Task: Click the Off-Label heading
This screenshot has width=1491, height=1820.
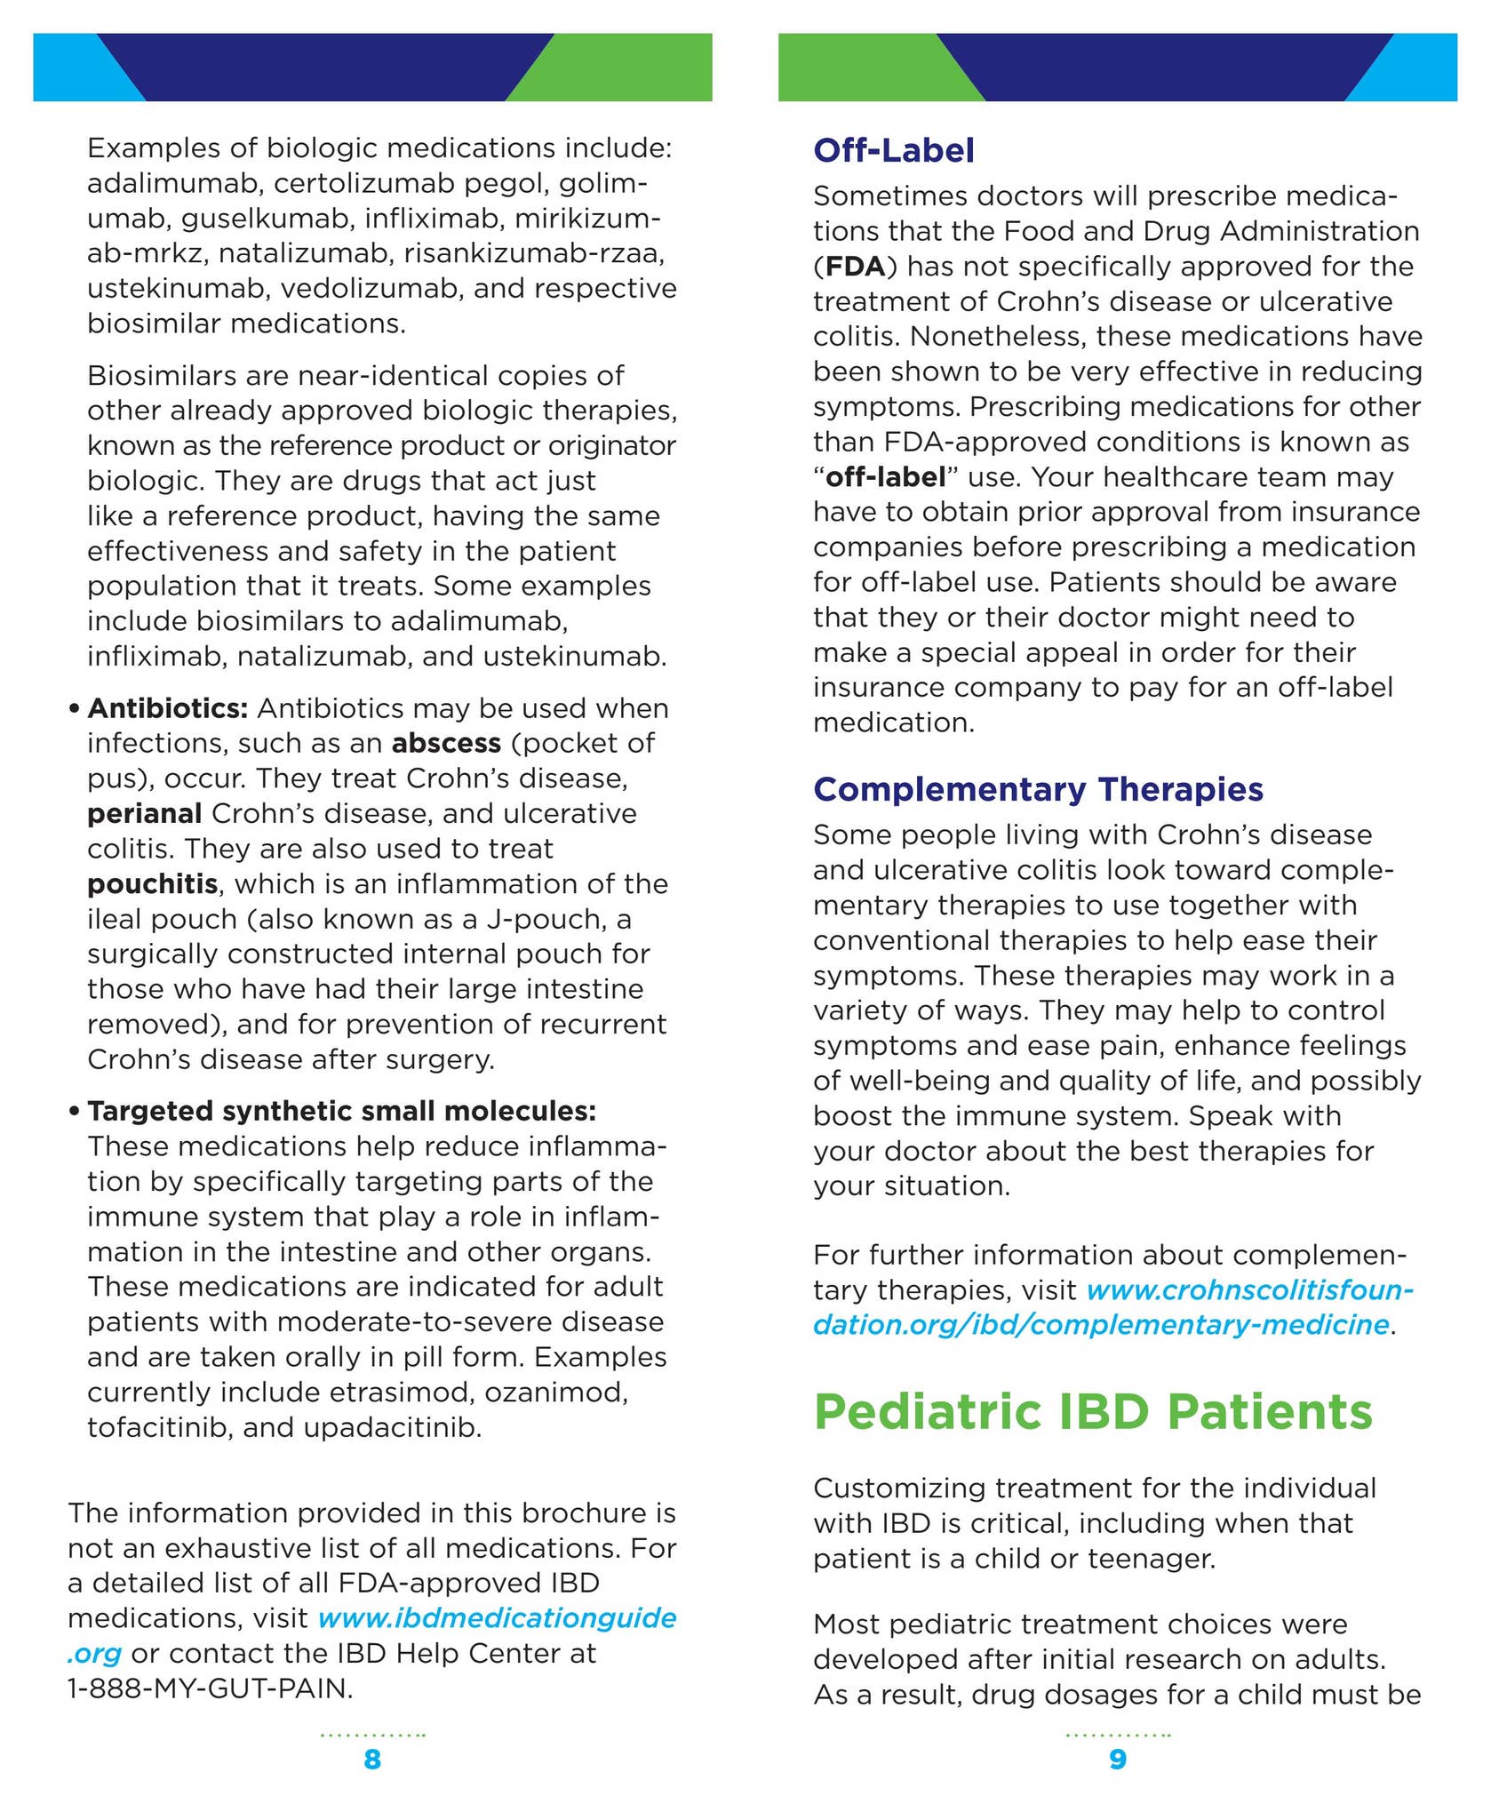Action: [893, 150]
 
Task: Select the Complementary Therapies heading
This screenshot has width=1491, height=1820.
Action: [1038, 789]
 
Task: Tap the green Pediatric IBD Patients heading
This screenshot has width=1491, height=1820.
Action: [1093, 1411]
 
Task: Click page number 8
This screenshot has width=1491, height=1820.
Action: [372, 1759]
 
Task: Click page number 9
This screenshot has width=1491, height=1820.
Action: [1118, 1759]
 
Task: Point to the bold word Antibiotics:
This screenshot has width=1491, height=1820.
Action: [167, 708]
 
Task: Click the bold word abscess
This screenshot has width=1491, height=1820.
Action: [446, 743]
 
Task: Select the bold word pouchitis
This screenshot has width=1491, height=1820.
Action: [152, 883]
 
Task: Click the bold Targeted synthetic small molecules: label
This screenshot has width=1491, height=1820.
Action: [341, 1111]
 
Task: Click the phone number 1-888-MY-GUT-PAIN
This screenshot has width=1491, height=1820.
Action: [210, 1688]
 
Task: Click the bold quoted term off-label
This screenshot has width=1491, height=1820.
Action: [885, 477]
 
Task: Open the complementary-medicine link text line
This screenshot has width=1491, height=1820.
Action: [1100, 1324]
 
